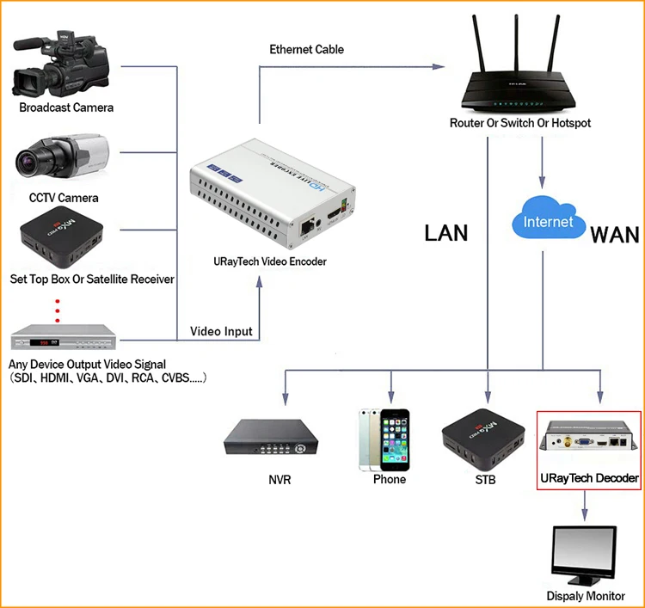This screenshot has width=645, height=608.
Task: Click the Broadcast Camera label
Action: (66, 107)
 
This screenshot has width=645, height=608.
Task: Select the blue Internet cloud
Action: (549, 218)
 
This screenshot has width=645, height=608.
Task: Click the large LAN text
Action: (446, 233)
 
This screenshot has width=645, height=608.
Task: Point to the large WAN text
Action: (615, 236)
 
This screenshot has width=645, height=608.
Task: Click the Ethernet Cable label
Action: (306, 49)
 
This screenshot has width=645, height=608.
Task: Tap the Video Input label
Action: (221, 331)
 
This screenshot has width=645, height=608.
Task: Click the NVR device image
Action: (271, 437)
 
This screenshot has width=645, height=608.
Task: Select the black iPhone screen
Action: (395, 440)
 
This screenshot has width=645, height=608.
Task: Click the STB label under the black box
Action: (485, 480)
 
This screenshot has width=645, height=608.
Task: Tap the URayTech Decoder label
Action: (589, 478)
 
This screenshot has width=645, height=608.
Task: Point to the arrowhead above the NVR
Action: (285, 399)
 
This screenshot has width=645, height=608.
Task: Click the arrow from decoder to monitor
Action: (585, 506)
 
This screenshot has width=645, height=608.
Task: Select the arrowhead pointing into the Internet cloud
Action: (542, 181)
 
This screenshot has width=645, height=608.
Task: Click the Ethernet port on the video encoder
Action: (306, 227)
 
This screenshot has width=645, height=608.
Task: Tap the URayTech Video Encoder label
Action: (270, 261)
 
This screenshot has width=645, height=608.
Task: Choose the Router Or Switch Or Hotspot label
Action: (520, 123)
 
